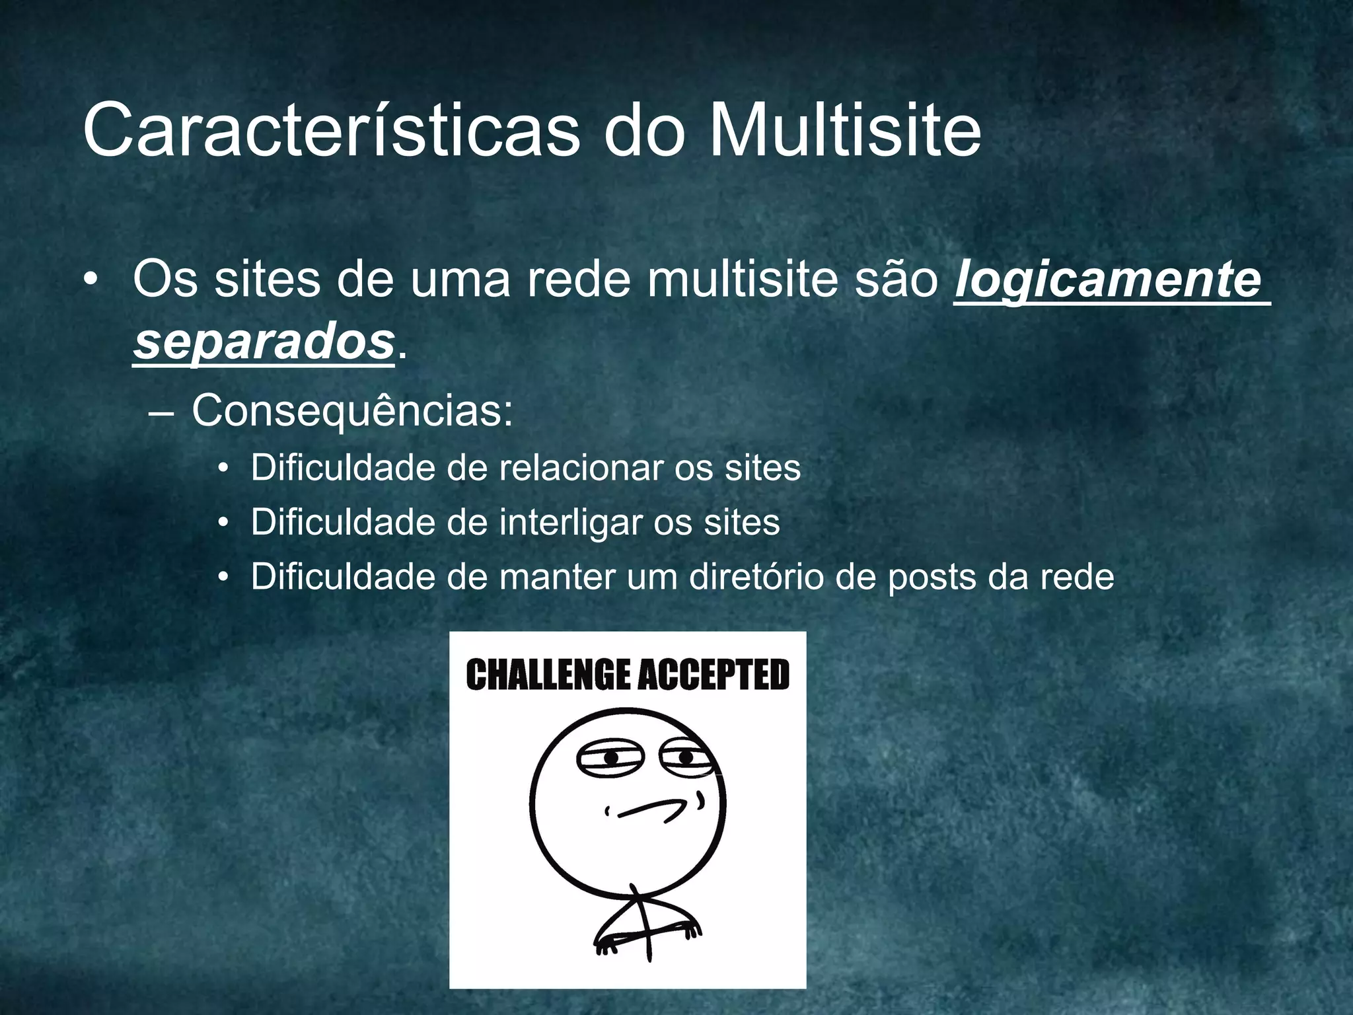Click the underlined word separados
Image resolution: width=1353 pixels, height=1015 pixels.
(264, 342)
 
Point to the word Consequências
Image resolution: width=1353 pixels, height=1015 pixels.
(352, 411)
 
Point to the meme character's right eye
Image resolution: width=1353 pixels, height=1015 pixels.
(684, 757)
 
